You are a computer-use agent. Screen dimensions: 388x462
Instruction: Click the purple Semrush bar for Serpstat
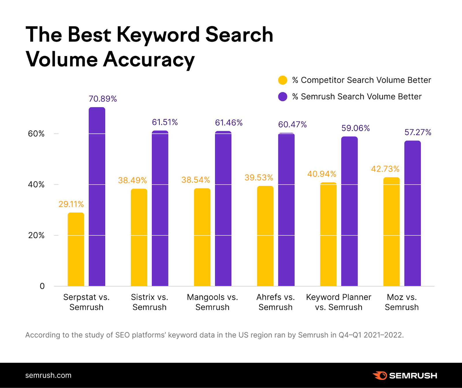point(97,197)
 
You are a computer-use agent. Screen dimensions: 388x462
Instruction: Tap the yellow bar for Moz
point(391,232)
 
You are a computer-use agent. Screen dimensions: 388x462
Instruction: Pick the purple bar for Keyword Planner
point(349,211)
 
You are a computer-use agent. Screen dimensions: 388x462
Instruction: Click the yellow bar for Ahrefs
point(265,236)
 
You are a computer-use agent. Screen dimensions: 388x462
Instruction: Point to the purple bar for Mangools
point(223,208)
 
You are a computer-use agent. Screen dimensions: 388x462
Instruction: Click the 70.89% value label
point(103,99)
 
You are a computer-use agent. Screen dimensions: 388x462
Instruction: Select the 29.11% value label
point(71,204)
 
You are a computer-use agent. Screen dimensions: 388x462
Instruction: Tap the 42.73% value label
point(385,169)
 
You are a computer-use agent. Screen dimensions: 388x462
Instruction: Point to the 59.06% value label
point(355,128)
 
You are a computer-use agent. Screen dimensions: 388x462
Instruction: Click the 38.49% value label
point(132,180)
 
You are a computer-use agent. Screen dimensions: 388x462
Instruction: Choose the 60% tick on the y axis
point(36,134)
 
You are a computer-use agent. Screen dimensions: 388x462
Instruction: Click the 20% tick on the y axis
point(36,235)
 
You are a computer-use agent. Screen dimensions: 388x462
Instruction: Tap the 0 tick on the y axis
point(42,286)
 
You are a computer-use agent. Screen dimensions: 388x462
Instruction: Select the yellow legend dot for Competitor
point(283,80)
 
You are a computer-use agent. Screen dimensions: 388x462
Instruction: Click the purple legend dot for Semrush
point(283,97)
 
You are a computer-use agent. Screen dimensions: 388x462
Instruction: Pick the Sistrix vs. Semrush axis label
point(149,302)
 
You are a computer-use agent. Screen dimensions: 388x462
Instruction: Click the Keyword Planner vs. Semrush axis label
point(338,302)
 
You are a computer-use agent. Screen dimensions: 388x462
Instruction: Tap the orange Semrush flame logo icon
point(380,376)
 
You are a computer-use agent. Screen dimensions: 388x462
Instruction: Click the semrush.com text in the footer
point(48,375)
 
